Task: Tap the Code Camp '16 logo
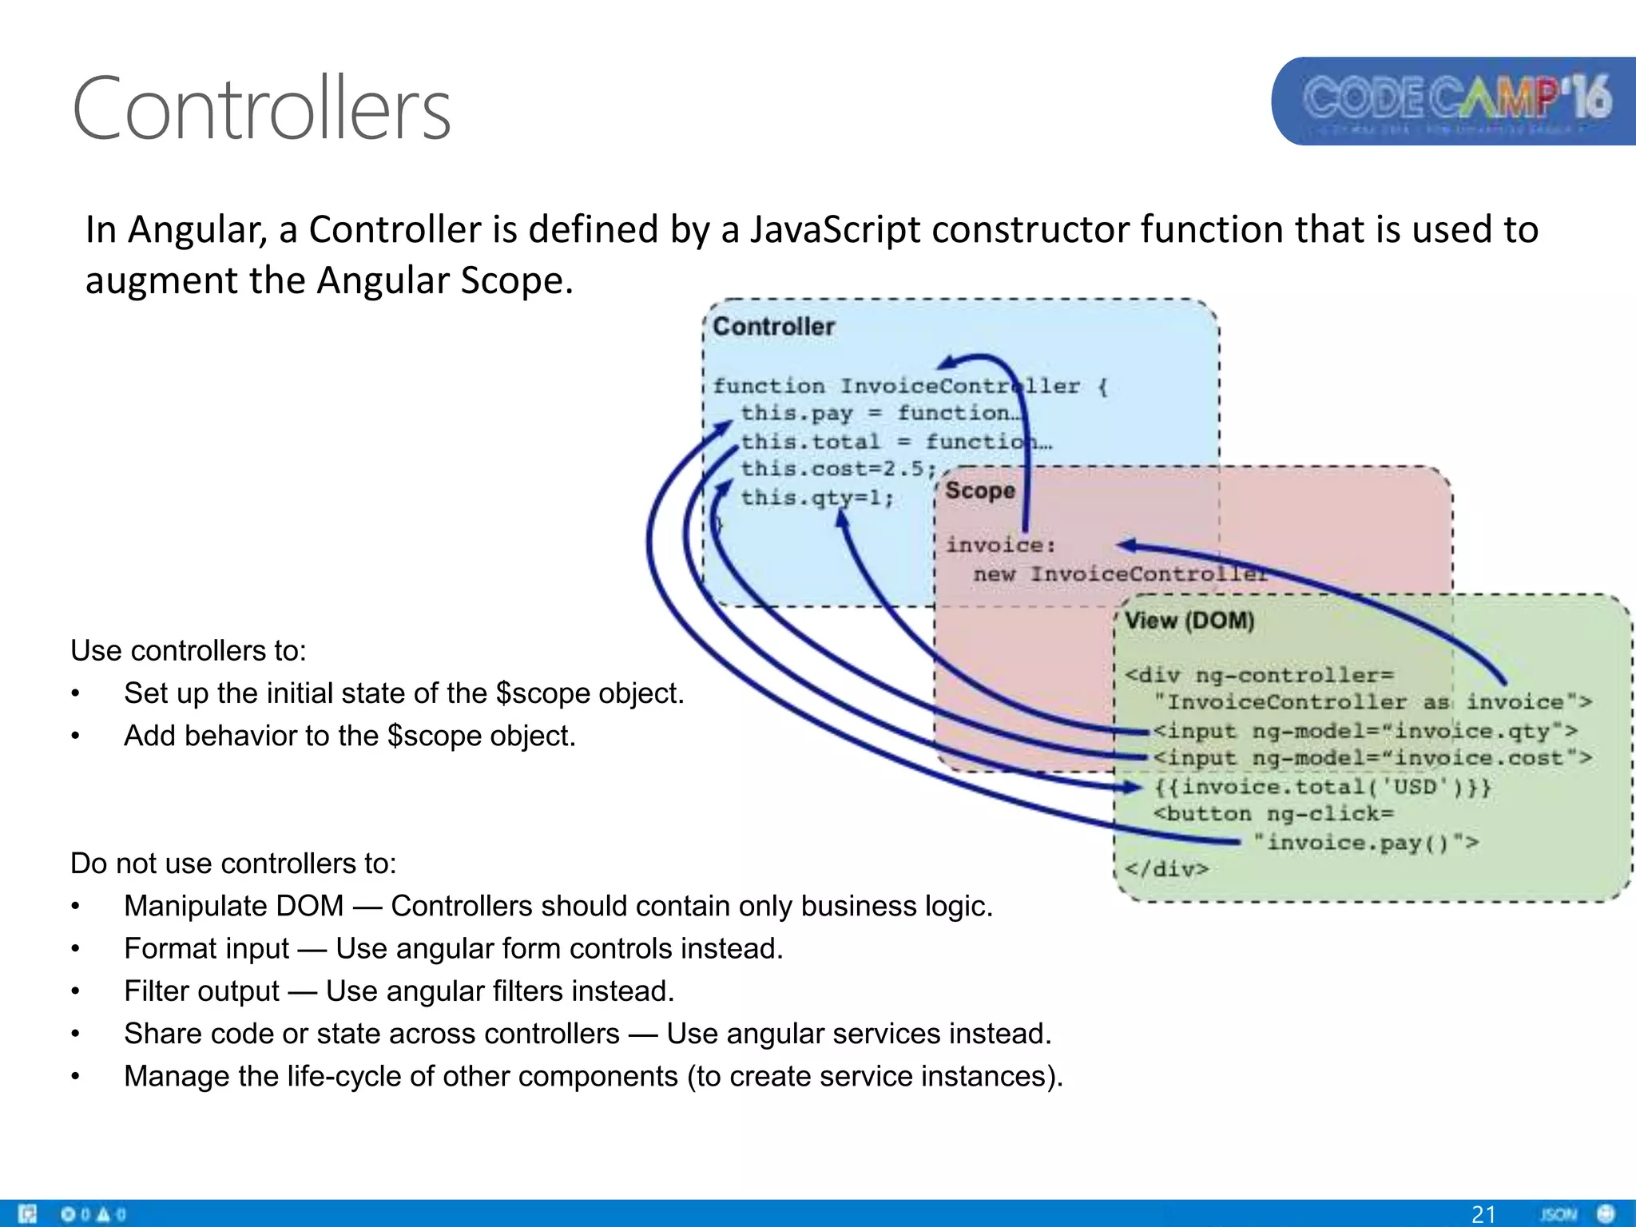point(1455,101)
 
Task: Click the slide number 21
point(1483,1213)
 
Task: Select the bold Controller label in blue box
point(772,327)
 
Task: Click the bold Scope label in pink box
point(979,490)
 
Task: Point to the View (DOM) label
point(1189,621)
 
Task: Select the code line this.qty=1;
point(816,498)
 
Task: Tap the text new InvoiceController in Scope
point(1118,574)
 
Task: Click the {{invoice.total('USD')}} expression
point(1322,787)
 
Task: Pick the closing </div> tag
point(1166,868)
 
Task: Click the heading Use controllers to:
point(189,650)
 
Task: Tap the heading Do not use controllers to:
point(233,864)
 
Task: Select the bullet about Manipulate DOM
point(558,906)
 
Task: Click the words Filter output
point(201,991)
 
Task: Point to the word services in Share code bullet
point(884,1034)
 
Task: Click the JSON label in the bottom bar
point(1557,1214)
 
